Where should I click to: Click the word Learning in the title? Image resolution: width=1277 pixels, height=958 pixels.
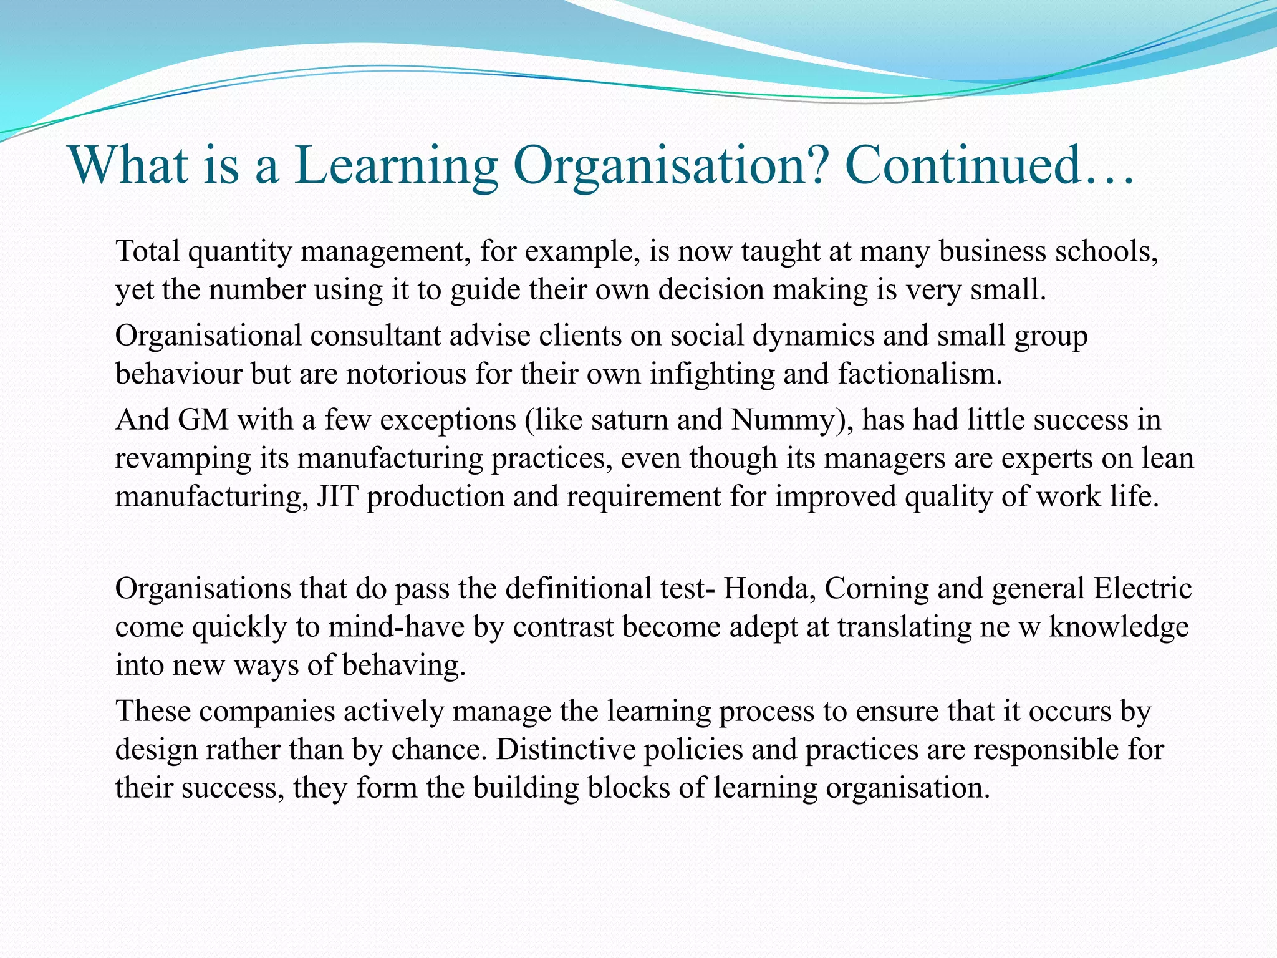click(396, 165)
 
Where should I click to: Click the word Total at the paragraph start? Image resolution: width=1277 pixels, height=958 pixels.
click(147, 251)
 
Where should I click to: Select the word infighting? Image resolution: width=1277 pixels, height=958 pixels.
click(712, 374)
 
